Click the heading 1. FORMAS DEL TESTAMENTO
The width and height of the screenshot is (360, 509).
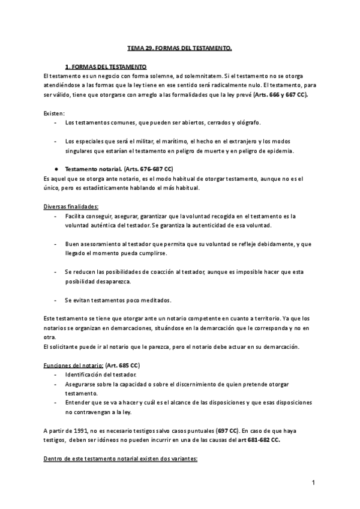[x=106, y=67]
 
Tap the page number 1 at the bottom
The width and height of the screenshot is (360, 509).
[x=313, y=483]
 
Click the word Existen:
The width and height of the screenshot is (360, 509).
[x=55, y=113]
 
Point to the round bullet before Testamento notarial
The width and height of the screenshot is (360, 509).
[x=55, y=169]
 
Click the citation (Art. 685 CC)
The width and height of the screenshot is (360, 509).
[x=123, y=366]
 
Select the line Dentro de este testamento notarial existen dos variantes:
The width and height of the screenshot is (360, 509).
[x=120, y=459]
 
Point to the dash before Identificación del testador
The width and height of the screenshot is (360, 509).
[x=55, y=375]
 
